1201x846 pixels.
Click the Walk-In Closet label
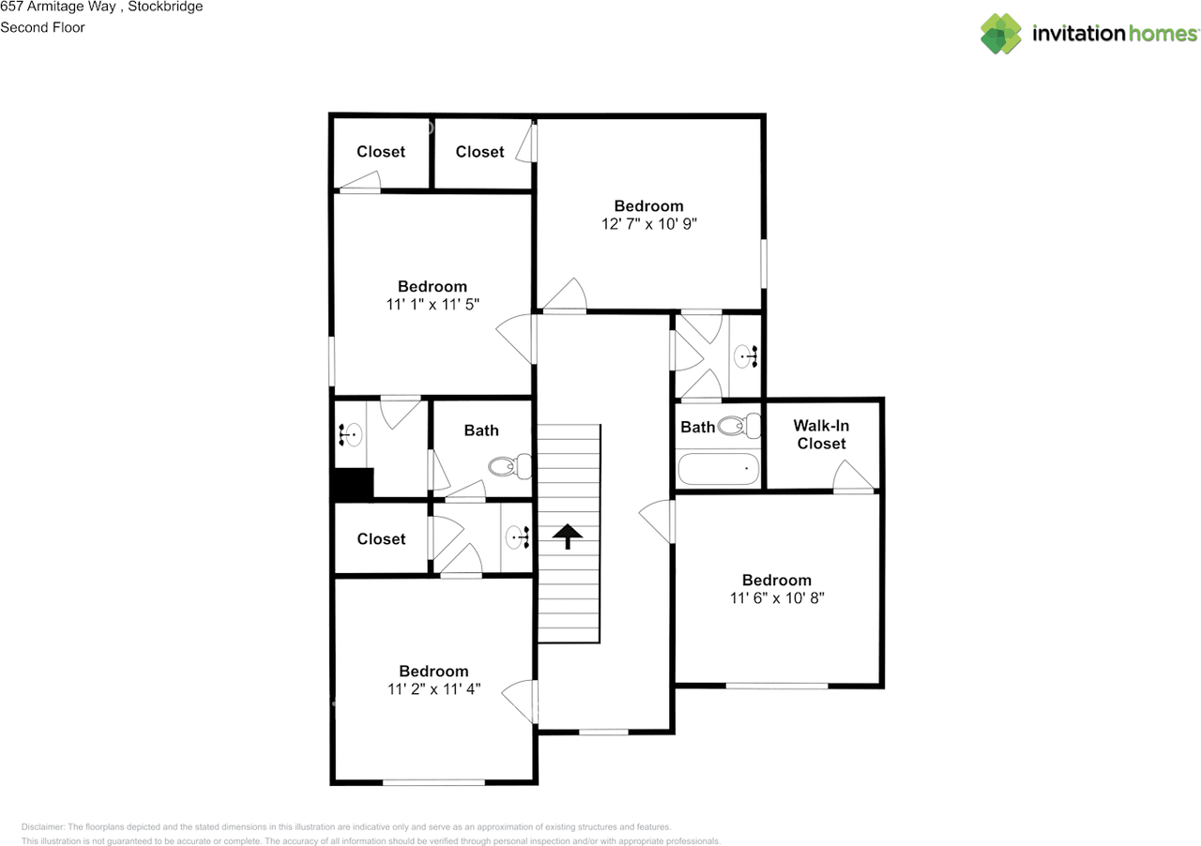[x=821, y=434]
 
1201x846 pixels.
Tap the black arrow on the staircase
[x=567, y=536]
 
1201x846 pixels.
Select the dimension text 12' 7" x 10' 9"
[x=649, y=224]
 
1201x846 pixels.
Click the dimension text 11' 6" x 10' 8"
[x=777, y=597]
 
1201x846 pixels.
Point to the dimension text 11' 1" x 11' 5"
[x=432, y=304]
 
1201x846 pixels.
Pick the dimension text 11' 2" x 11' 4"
[x=433, y=688]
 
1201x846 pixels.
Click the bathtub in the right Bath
[x=719, y=468]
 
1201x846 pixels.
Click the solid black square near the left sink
[x=354, y=484]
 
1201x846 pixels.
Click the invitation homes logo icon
[x=1001, y=34]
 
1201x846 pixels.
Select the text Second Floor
[x=42, y=27]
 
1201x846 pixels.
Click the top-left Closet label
[x=381, y=151]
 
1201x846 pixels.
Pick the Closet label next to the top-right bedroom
[x=479, y=151]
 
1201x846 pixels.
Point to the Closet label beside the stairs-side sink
[x=381, y=538]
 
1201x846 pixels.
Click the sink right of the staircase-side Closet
[x=518, y=537]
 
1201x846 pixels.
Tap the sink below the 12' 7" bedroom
[x=747, y=355]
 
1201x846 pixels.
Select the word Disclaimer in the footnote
[x=43, y=826]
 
